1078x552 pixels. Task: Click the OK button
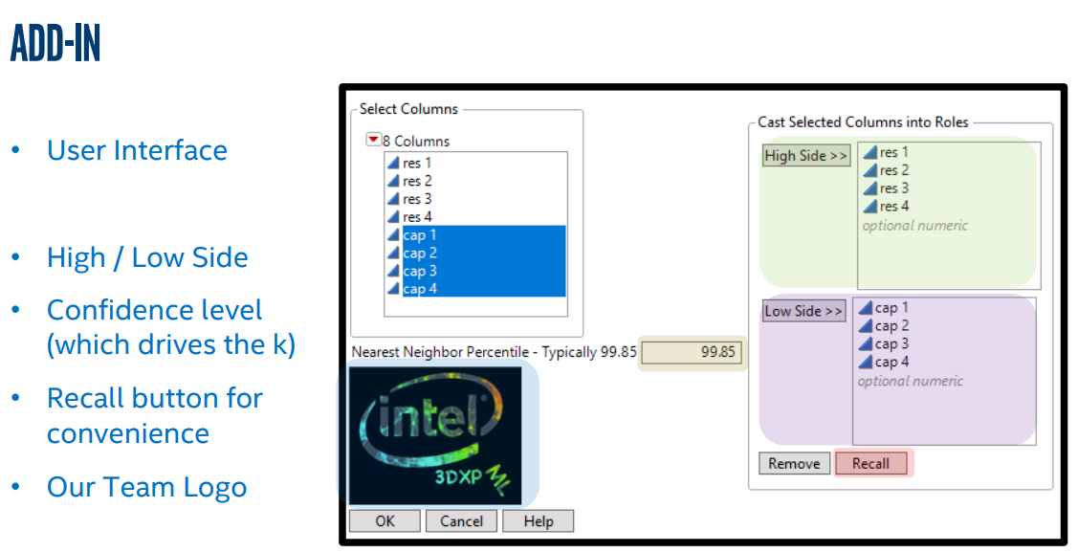coord(385,521)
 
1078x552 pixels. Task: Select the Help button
coord(539,521)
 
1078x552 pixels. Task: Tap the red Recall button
coord(870,464)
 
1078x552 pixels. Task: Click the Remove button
coord(794,464)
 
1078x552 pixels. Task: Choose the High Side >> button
coord(806,156)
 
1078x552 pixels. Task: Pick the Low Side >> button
coord(804,311)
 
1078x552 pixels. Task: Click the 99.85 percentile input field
coord(692,352)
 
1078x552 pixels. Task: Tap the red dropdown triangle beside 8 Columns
coord(373,141)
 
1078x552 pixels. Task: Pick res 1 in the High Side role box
coord(894,152)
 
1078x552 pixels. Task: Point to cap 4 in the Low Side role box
coord(891,363)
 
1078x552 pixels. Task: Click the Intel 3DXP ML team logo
coord(435,435)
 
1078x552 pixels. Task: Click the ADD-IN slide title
coord(55,44)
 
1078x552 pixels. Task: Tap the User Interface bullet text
coord(137,151)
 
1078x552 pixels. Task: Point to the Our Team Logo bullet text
coord(146,487)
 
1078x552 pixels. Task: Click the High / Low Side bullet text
coord(147,258)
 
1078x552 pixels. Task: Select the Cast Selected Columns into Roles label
coord(863,122)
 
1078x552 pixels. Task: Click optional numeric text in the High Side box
coord(914,226)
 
